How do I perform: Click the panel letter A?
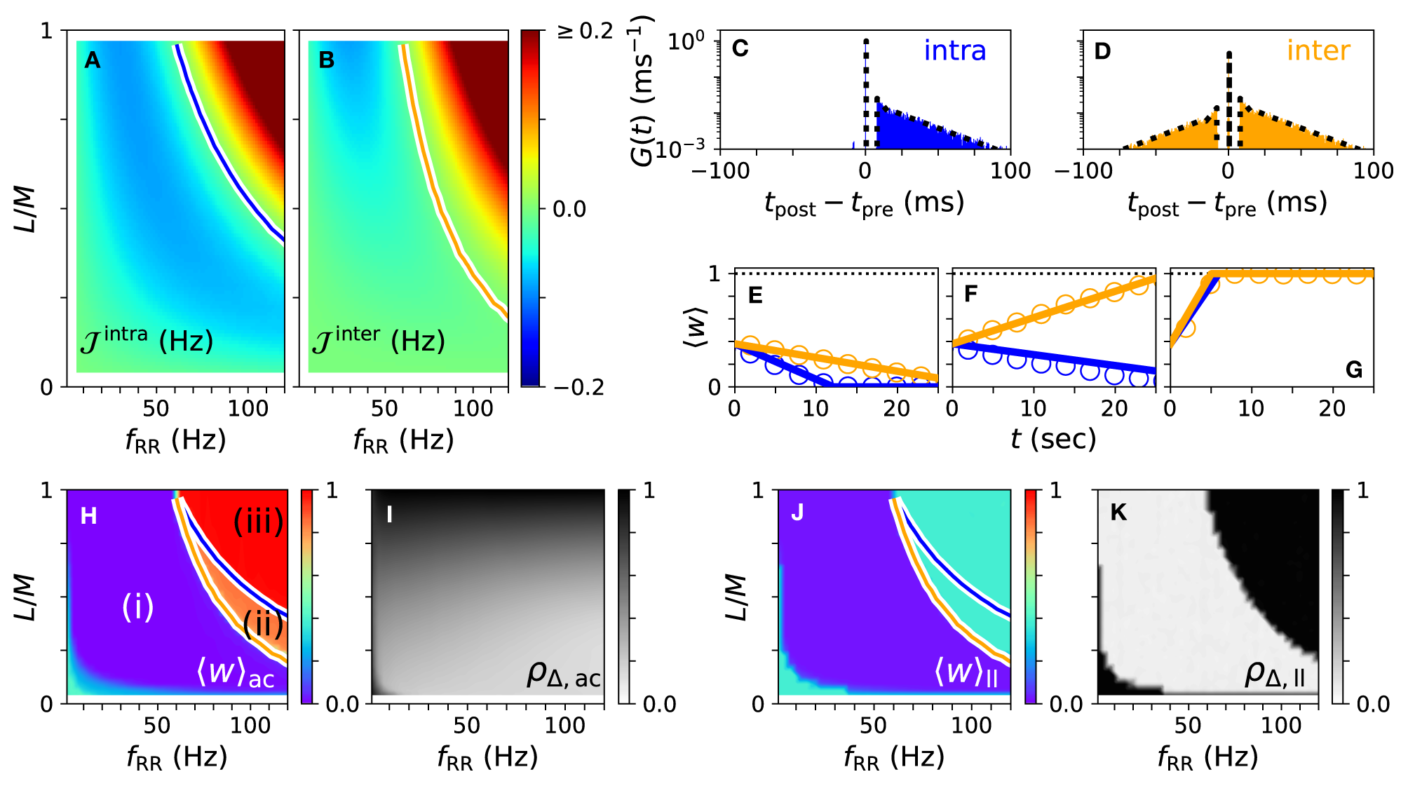[x=93, y=61]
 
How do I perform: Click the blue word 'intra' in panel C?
[x=954, y=51]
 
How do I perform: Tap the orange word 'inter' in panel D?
[x=1318, y=51]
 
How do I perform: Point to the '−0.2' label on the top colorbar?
[x=578, y=387]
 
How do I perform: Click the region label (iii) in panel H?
[x=258, y=521]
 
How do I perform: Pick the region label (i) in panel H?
[x=137, y=607]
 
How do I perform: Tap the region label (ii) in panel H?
[x=263, y=623]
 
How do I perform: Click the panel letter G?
[x=1353, y=370]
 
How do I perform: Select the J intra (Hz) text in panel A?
[x=147, y=341]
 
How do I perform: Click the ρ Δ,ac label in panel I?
[x=564, y=675]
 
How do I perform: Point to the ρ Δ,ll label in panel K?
[x=1275, y=675]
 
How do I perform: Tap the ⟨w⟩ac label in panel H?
[x=236, y=673]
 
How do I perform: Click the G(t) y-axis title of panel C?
[x=642, y=91]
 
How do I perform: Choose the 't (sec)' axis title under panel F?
[x=1053, y=440]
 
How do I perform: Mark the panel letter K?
[x=1118, y=513]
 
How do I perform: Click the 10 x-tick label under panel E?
[x=815, y=409]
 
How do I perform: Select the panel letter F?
[x=970, y=294]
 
